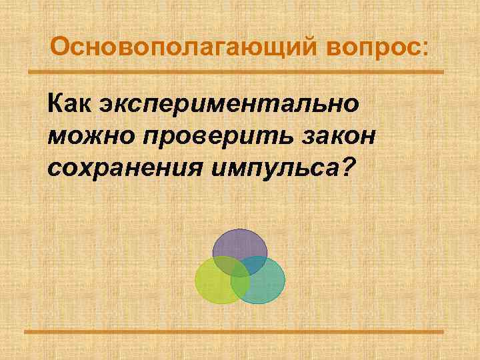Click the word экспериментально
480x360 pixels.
(229, 105)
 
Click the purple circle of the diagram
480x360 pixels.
(240, 243)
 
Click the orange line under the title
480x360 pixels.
(240, 72)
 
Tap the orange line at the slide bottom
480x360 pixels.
(240, 331)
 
